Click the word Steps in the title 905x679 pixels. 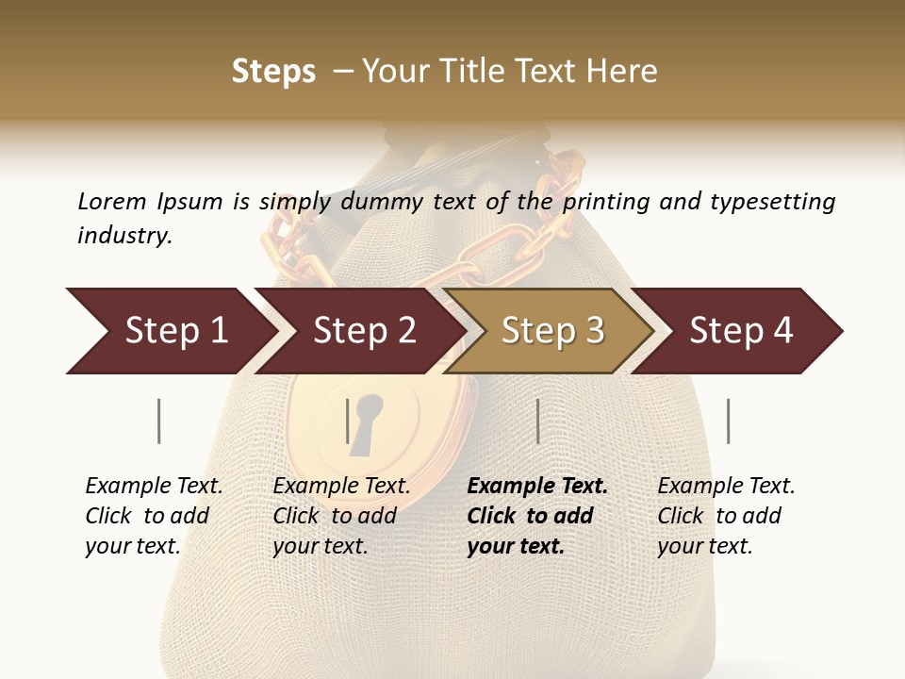[x=273, y=72]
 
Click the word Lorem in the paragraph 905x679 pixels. [x=112, y=202]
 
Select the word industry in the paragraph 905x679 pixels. [x=123, y=236]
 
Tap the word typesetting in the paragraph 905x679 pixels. [x=772, y=202]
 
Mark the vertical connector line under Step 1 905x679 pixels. [x=159, y=421]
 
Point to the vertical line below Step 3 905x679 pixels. [x=537, y=421]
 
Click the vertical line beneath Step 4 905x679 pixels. [x=728, y=421]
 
